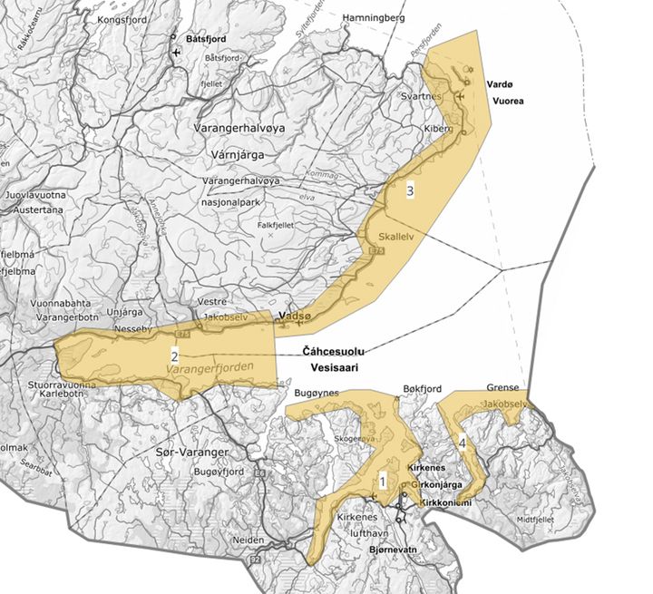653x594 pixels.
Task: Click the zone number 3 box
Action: [411, 191]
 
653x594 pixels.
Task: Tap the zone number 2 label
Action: [173, 355]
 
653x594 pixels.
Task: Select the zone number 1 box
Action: [383, 481]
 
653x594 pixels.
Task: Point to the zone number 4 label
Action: [463, 443]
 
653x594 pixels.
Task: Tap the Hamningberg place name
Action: [372, 17]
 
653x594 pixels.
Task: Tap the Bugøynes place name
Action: [317, 392]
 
